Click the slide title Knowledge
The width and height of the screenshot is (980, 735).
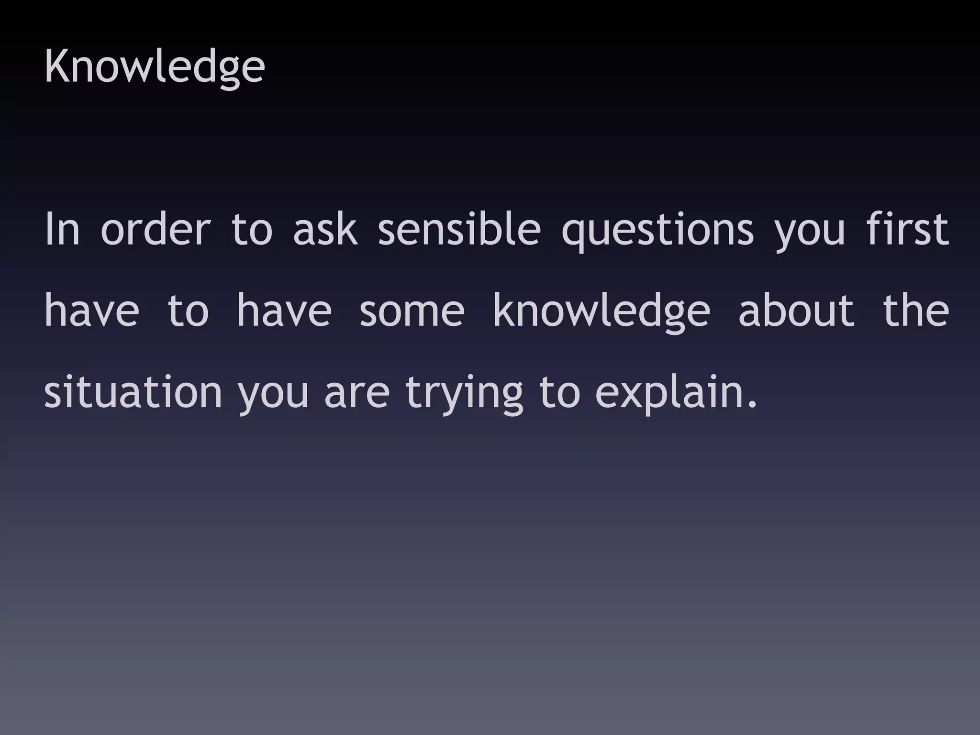154,67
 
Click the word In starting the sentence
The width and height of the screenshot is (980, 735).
62,229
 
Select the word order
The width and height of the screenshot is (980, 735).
156,229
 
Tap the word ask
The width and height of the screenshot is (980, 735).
325,229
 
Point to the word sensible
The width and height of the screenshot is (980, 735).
459,229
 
